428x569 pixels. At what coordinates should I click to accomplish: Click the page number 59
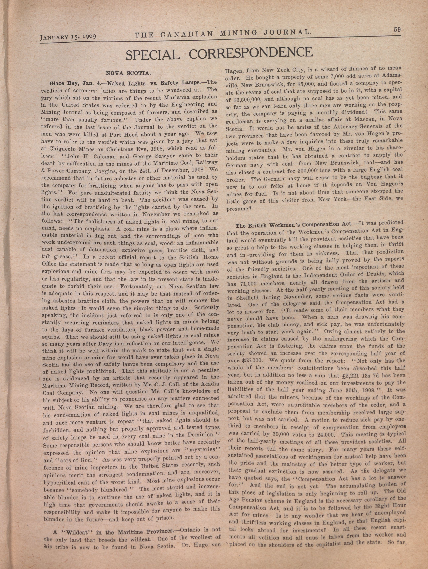(x=397, y=30)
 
